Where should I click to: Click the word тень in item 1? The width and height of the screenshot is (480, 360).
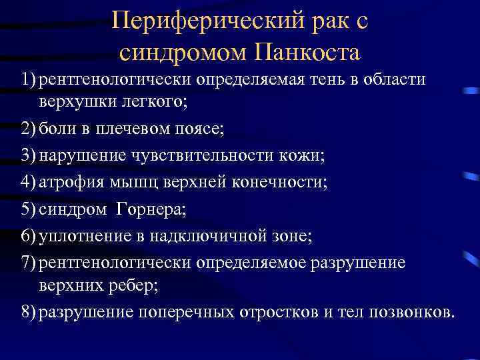click(331, 80)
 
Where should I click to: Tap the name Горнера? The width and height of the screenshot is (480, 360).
click(150, 210)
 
